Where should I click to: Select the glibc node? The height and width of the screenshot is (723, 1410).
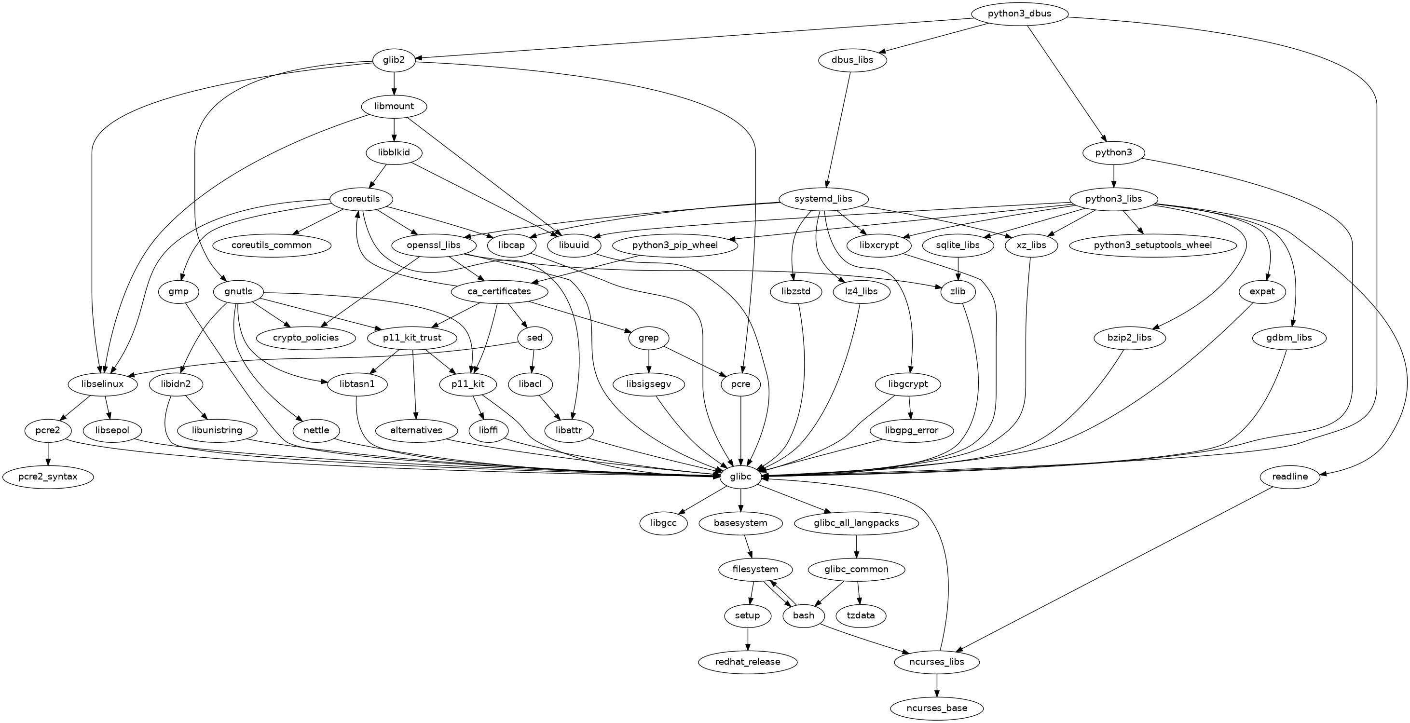point(740,477)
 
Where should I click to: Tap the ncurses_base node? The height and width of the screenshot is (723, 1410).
point(936,708)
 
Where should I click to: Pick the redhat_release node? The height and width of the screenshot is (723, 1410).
point(747,662)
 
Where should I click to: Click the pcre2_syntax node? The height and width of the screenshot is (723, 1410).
point(48,477)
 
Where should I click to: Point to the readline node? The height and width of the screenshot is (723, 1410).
point(1290,477)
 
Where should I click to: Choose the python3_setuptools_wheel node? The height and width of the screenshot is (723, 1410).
point(1153,245)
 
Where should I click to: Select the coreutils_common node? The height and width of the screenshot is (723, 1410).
point(272,245)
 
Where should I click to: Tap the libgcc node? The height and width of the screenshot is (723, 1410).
point(663,523)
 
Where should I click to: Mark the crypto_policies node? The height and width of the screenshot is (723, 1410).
point(306,338)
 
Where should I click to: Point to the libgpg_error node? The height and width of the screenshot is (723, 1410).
point(911,430)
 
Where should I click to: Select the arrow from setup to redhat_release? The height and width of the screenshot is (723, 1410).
point(747,639)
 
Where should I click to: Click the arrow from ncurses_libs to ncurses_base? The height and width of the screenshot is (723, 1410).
point(936,685)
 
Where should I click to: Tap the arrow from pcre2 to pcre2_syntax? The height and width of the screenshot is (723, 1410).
point(48,453)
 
